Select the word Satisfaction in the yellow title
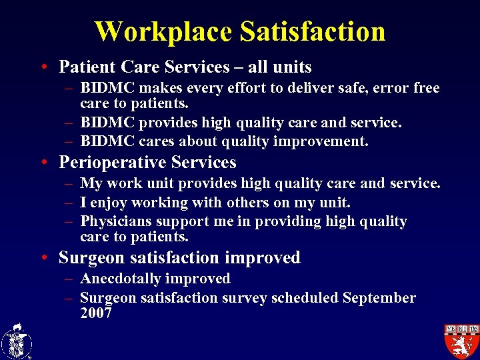(x=312, y=31)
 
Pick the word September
(x=379, y=297)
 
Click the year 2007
(x=95, y=313)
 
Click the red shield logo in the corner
(x=461, y=340)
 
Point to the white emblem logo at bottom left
(x=16, y=341)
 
